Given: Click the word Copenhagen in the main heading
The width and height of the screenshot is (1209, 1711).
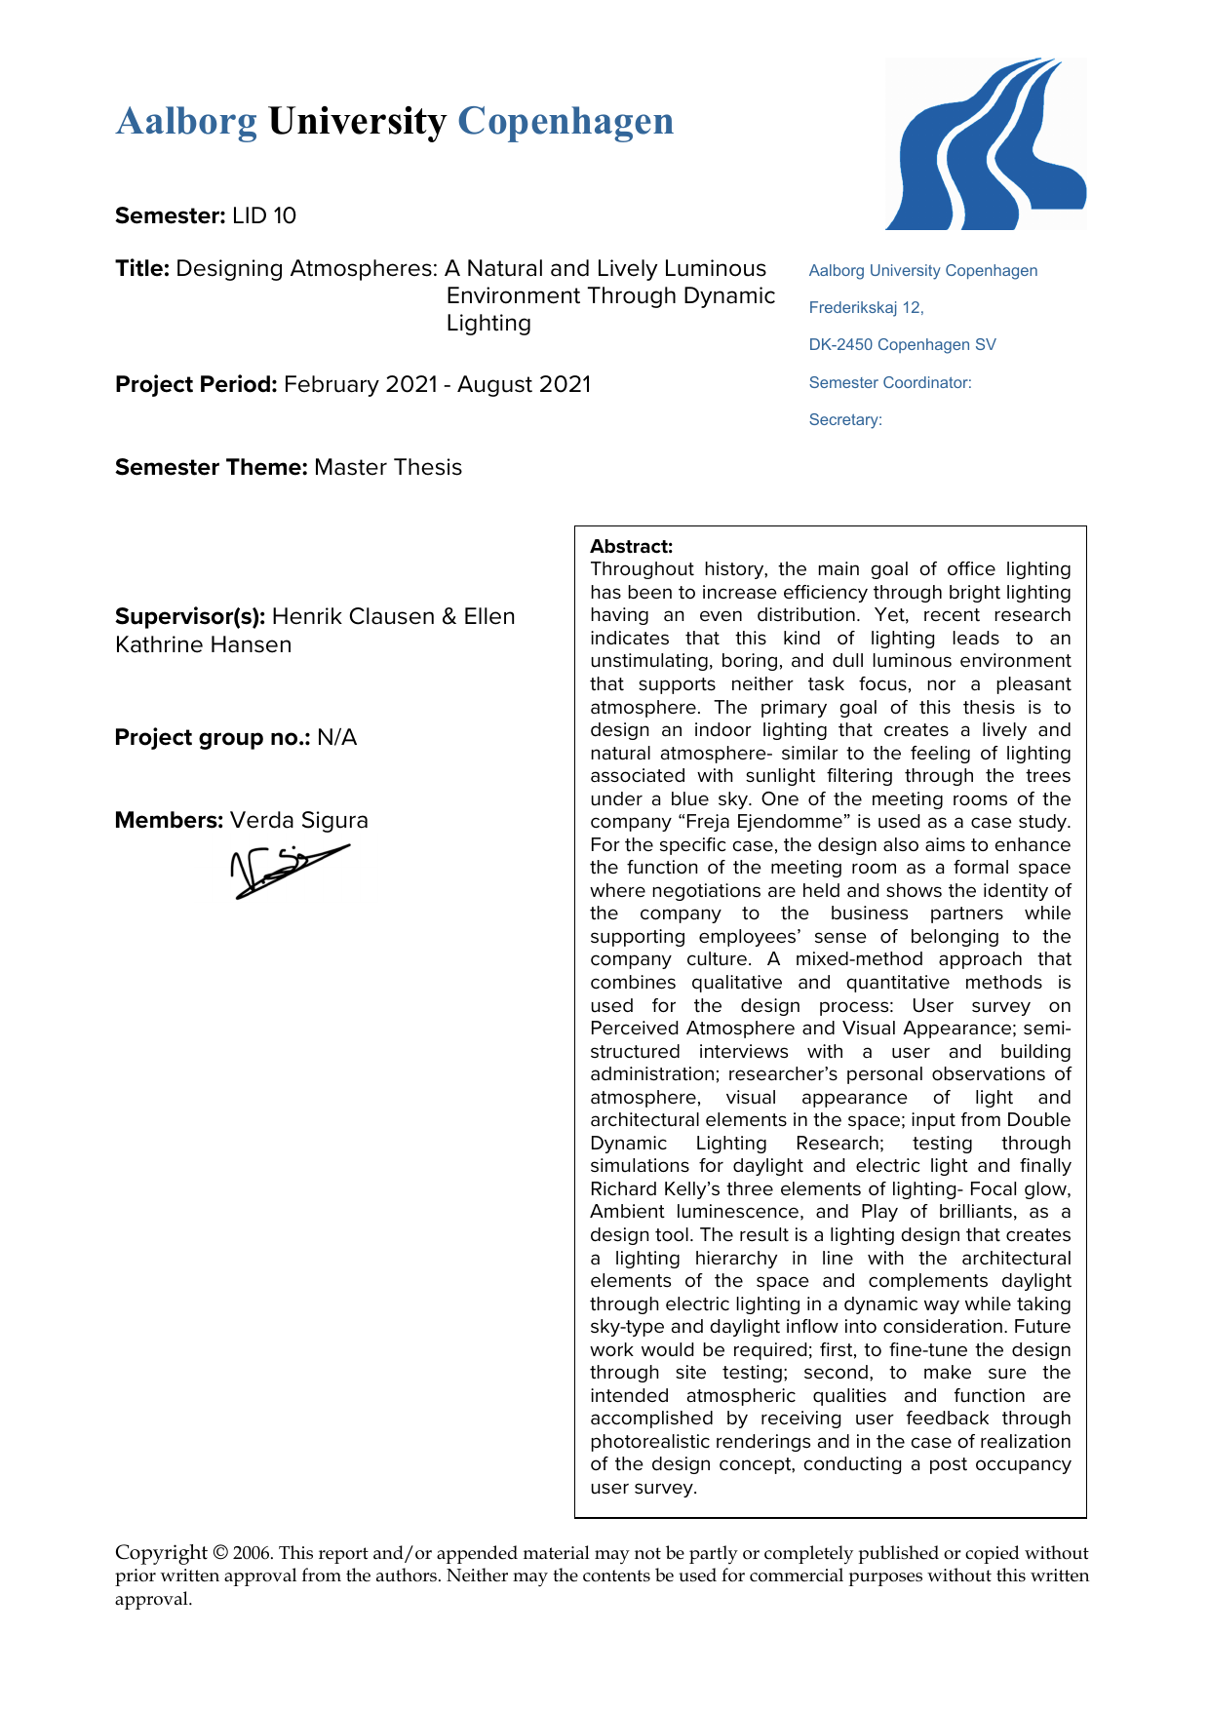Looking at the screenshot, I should [565, 122].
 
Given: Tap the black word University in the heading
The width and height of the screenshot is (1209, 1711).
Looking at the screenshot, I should [357, 122].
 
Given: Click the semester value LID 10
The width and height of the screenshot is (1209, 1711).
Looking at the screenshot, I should [264, 215].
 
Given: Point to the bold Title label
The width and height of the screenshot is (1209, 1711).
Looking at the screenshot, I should [142, 268].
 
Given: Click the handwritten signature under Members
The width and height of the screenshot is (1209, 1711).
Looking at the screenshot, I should [288, 869].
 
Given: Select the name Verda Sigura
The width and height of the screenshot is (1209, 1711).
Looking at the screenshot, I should [299, 820].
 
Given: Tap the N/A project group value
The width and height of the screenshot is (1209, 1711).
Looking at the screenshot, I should [337, 737].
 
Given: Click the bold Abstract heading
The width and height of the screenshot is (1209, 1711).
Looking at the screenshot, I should [631, 546].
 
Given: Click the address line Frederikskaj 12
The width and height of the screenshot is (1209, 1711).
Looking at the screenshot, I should [866, 308].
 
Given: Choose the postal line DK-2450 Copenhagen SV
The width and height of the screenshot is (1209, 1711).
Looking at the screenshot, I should [902, 345].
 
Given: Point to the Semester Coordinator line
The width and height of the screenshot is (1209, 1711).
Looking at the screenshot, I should [889, 383].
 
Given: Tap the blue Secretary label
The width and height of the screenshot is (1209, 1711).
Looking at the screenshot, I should [845, 420].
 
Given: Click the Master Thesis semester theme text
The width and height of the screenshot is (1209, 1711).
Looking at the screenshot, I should [388, 467].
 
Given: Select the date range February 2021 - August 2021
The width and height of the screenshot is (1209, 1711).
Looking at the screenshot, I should [437, 384].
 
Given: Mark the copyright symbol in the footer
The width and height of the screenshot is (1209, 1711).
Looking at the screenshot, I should [220, 1553].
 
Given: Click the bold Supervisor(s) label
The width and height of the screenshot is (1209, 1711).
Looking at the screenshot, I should [190, 616].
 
